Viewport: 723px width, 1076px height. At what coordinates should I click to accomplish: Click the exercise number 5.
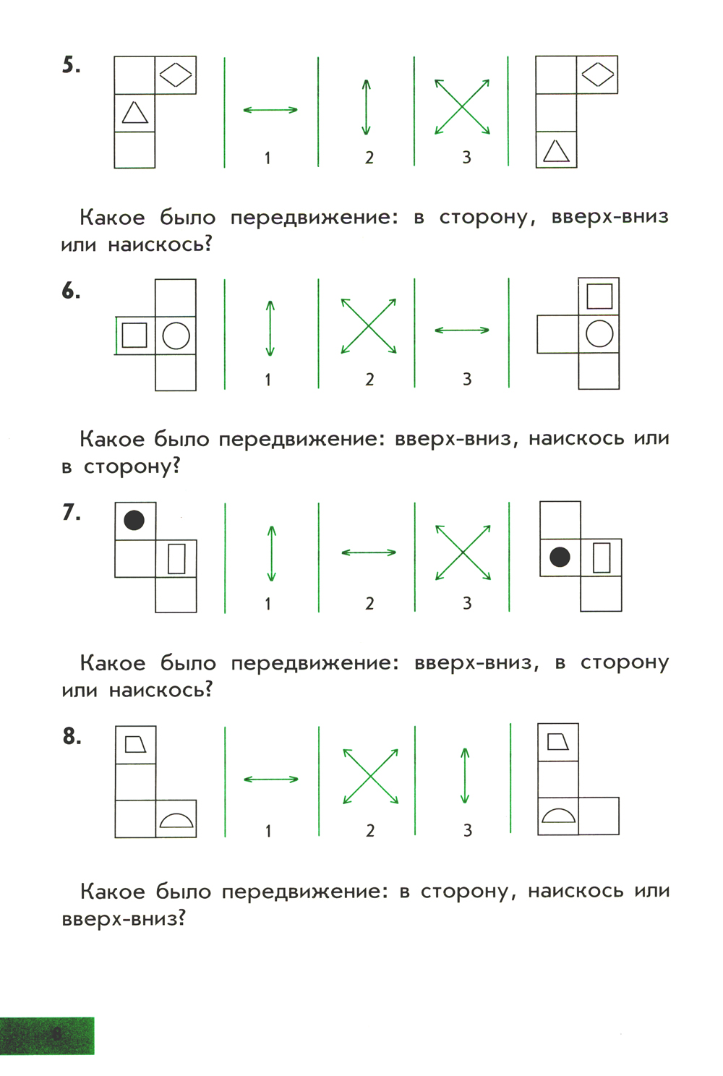coord(71,65)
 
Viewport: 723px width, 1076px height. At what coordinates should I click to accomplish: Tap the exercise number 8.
coord(72,736)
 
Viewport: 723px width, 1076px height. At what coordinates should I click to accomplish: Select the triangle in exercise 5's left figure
coord(134,112)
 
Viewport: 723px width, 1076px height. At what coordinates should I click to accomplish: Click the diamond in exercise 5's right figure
coord(598,74)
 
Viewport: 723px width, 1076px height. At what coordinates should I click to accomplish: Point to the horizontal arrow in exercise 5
coord(270,110)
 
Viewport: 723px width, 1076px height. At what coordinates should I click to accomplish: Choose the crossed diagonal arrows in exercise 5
coord(462,106)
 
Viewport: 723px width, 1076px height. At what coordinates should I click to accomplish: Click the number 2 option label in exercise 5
coord(369,157)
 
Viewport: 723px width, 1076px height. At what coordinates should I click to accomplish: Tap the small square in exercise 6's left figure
coord(134,335)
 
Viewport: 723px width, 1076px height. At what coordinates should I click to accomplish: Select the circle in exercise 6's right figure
coord(599,333)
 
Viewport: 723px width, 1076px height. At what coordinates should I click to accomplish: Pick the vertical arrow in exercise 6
coord(270,328)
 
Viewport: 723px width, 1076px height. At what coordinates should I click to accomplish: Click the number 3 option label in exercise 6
coord(467,379)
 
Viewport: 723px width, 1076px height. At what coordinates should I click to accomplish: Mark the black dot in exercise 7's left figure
coord(134,520)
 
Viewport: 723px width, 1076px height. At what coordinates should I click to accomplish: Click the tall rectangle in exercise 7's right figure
coord(602,558)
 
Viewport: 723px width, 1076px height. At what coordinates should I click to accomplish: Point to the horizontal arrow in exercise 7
coord(369,552)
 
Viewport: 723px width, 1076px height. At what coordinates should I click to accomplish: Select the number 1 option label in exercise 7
coord(268,603)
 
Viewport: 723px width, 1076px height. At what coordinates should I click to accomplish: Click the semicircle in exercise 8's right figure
coord(558,815)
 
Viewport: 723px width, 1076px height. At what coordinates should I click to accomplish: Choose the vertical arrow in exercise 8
coord(465,775)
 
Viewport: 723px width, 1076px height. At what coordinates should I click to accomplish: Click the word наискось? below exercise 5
coord(160,245)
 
